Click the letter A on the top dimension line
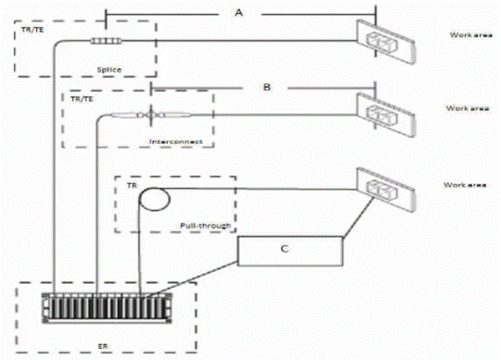(238, 13)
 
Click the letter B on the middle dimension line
(267, 87)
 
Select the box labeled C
(290, 251)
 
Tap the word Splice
(110, 69)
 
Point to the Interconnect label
(176, 141)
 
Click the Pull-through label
(206, 226)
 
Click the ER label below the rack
(103, 347)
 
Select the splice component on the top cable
(106, 40)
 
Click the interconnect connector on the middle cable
(151, 115)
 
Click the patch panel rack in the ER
(107, 308)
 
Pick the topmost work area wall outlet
(386, 42)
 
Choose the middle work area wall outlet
(386, 115)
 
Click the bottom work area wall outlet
(386, 189)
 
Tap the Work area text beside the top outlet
(471, 35)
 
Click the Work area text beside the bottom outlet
(465, 185)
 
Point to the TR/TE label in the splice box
(33, 30)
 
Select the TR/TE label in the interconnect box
(82, 99)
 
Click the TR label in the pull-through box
(132, 185)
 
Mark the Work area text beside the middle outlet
(468, 108)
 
